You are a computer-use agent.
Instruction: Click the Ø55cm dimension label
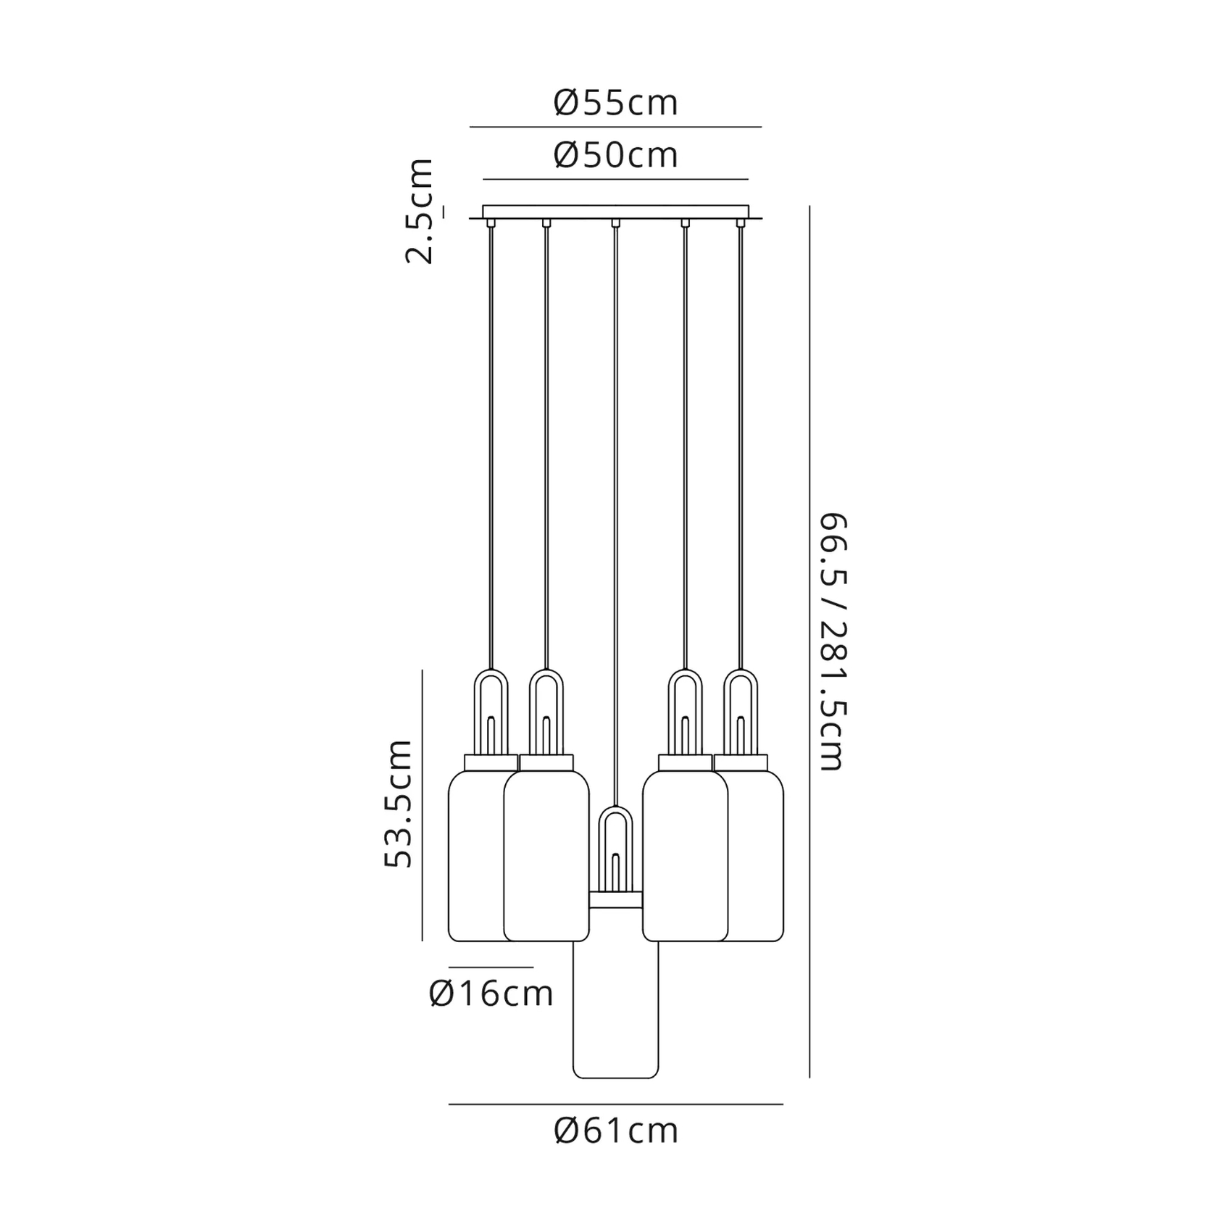point(615,103)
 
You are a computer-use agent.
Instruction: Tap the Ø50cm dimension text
point(615,155)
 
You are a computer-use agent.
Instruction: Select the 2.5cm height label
point(420,211)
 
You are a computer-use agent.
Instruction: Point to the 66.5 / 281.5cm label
point(832,641)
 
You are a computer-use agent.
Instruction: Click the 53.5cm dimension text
point(398,804)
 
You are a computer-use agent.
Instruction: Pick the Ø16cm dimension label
point(491,994)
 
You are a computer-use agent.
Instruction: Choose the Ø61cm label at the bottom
point(615,1131)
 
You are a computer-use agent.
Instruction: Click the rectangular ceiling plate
point(615,212)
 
